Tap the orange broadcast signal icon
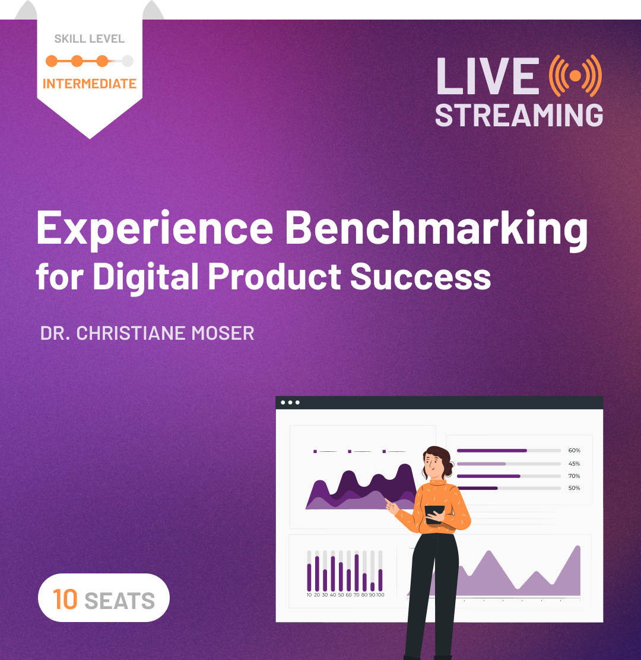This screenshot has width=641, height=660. click(575, 75)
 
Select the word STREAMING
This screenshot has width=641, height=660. click(519, 114)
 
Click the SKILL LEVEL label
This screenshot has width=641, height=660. click(90, 39)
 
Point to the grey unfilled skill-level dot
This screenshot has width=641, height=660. click(128, 60)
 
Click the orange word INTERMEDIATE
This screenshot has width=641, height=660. click(90, 84)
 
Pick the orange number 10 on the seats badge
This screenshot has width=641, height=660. click(65, 599)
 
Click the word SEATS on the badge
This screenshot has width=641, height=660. click(120, 601)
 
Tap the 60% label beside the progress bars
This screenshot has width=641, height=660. click(574, 451)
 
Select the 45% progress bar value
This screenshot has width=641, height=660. click(574, 464)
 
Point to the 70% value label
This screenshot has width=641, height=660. click(574, 476)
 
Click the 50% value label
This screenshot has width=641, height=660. click(574, 488)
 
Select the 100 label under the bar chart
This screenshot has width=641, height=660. click(380, 595)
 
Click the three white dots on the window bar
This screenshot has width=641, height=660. click(290, 403)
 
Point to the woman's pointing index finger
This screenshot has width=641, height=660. click(387, 501)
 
